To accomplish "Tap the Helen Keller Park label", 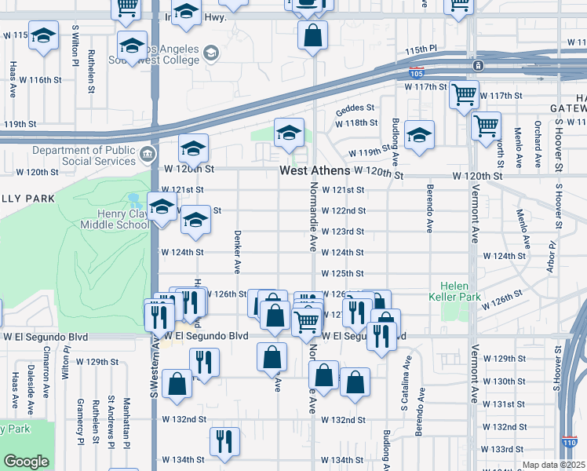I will [x=460, y=291].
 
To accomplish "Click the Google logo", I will [x=26, y=462].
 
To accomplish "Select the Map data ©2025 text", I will [x=554, y=465].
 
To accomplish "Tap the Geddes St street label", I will [x=356, y=108].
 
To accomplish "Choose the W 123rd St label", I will [x=343, y=232].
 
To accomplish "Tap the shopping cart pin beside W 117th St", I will [x=464, y=95].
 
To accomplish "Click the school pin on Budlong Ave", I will [x=420, y=135].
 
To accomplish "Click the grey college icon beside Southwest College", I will [x=210, y=53].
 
